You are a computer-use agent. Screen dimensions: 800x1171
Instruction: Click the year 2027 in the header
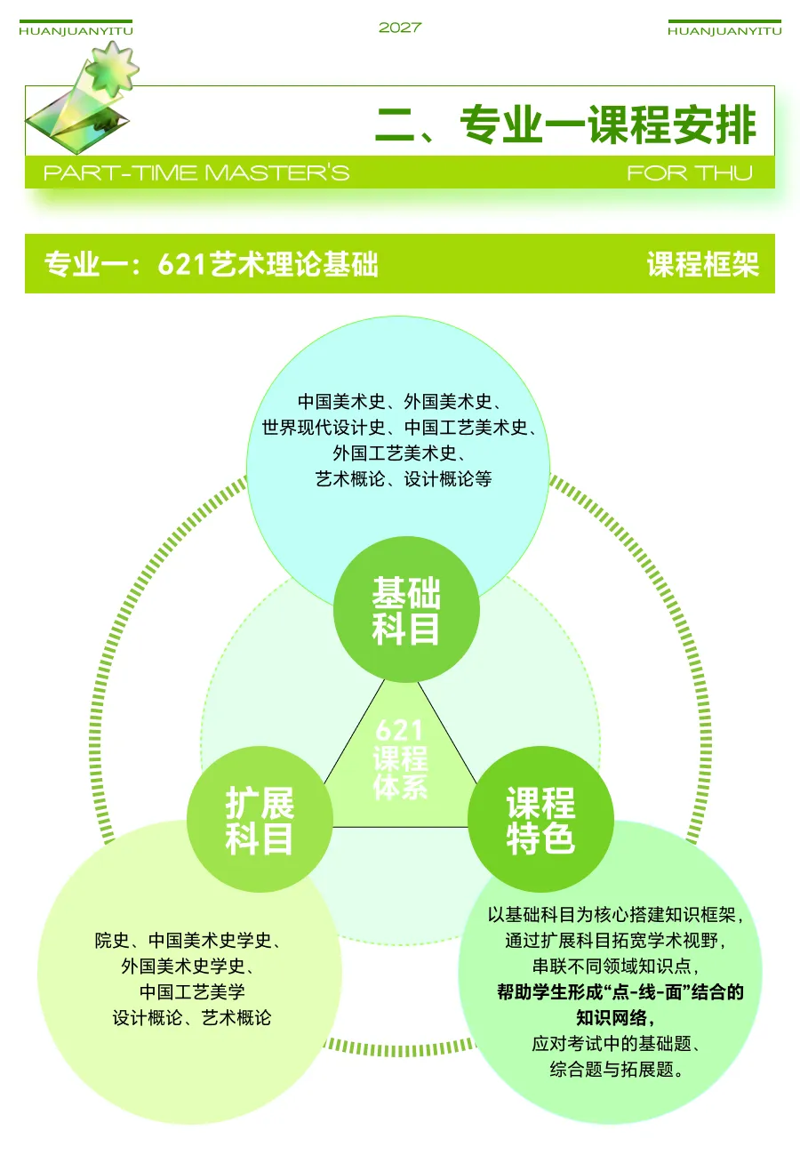coord(399,28)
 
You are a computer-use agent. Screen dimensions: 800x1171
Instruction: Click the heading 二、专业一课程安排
coord(565,124)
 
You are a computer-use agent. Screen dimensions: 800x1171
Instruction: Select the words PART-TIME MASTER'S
coord(196,172)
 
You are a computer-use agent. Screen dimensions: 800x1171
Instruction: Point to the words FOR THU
coord(689,172)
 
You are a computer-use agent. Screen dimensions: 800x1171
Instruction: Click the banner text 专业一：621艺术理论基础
coord(212,265)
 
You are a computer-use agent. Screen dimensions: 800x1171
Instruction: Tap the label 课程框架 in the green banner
coord(702,265)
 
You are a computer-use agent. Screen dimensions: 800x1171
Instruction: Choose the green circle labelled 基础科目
coord(406,610)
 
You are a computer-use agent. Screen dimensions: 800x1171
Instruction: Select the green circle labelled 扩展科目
coord(260,819)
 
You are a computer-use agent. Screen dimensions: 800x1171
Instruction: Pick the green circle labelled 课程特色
coord(540,819)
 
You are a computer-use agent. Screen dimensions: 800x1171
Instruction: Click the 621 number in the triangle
coord(399,731)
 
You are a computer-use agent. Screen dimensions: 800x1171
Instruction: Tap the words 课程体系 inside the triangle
coord(400,773)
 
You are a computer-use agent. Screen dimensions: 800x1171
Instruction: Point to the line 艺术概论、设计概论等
coord(404,479)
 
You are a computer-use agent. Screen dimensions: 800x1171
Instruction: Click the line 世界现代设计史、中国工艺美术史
coord(399,428)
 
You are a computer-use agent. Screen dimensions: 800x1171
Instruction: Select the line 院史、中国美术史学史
coord(188,941)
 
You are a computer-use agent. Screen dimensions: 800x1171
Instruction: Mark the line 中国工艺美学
coord(192,992)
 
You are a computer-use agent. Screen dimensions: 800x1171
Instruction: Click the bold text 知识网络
coord(614,1018)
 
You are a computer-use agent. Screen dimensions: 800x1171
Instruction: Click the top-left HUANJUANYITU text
coord(76,31)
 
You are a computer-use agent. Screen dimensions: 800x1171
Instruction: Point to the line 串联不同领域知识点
coord(615,966)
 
